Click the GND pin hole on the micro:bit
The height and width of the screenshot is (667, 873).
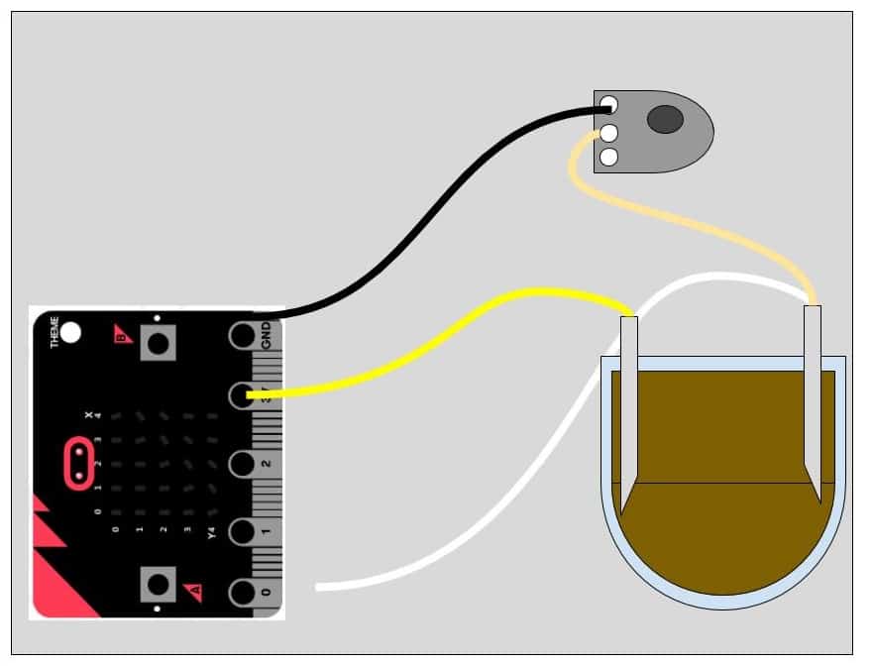(x=243, y=335)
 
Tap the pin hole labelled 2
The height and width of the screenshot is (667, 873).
(x=243, y=464)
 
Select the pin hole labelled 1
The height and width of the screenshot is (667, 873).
(x=243, y=530)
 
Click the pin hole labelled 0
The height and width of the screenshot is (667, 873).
(x=243, y=593)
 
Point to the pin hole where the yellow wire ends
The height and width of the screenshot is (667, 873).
(x=243, y=396)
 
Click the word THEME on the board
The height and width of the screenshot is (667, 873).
(x=55, y=332)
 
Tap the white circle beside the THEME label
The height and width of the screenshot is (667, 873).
(x=71, y=334)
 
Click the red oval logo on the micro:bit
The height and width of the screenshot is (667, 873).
(x=78, y=464)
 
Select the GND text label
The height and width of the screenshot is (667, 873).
(x=267, y=334)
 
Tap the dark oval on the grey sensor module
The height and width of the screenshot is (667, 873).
(x=665, y=120)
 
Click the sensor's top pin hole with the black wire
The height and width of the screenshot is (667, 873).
(x=608, y=103)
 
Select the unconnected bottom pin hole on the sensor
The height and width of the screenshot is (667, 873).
(x=608, y=157)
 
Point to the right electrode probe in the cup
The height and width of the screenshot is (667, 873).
(x=813, y=396)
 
